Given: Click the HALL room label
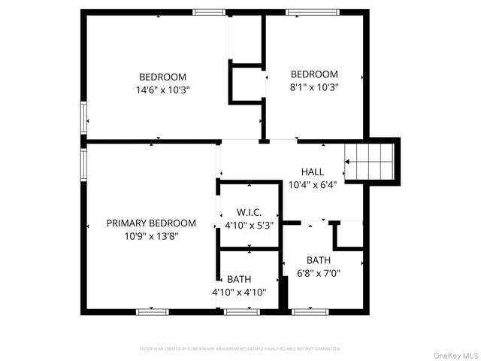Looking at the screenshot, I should click(x=312, y=171).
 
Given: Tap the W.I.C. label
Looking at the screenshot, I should click(x=249, y=212).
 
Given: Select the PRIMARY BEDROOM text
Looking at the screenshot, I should click(x=151, y=223).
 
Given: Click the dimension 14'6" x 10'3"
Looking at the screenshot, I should click(x=162, y=89).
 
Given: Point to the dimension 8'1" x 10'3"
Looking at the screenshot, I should click(x=314, y=86).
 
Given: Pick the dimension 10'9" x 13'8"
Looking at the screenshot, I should click(x=151, y=235).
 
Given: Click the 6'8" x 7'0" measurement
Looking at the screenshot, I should click(x=318, y=273).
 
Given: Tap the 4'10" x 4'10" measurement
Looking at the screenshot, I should click(x=238, y=292).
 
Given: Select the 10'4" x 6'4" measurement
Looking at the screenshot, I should click(x=312, y=184).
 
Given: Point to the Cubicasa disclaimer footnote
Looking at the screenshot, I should click(x=240, y=349).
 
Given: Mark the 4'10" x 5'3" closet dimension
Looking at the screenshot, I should click(x=249, y=225).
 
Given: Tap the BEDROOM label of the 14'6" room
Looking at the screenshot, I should click(x=162, y=77).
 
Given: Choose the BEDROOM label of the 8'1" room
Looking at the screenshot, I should click(x=314, y=74).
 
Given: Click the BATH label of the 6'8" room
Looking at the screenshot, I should click(x=318, y=260).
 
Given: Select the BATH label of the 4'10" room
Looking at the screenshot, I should click(x=239, y=279).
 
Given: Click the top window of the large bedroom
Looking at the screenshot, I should click(x=209, y=12).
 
